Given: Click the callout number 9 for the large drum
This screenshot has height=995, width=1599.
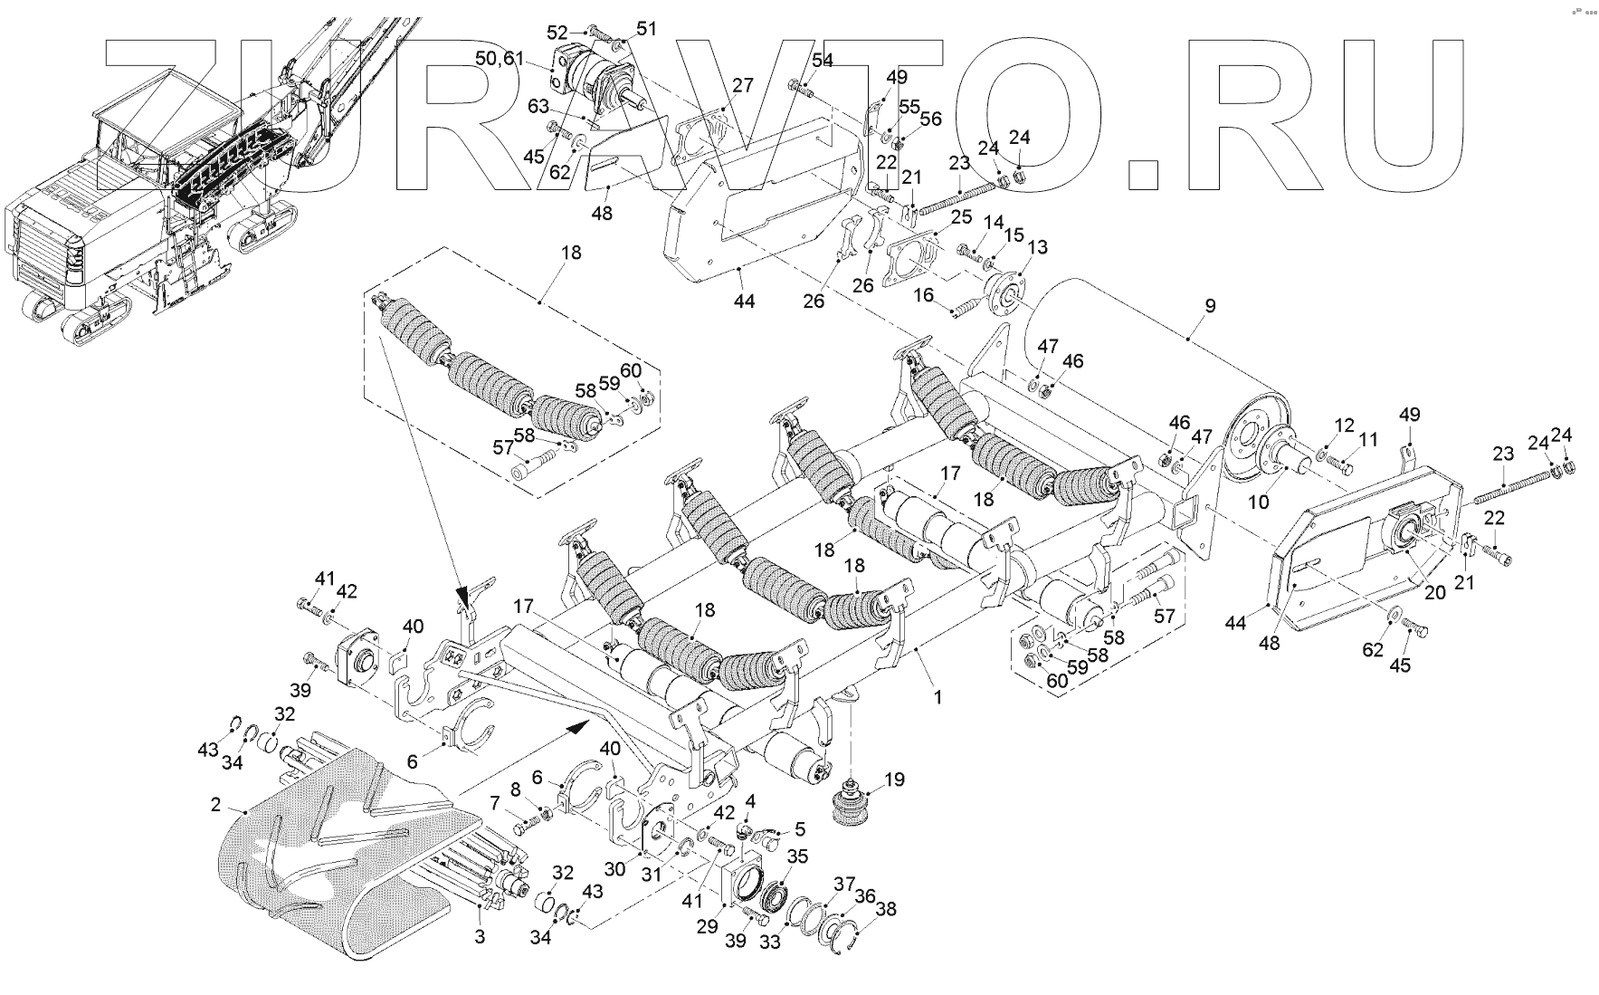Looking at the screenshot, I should click(x=1210, y=305).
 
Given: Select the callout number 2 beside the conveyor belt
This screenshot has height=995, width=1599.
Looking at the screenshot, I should click(x=215, y=804).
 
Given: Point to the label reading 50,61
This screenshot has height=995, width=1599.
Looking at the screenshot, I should click(x=500, y=59).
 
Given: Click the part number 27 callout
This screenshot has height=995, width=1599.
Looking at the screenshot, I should click(x=742, y=86).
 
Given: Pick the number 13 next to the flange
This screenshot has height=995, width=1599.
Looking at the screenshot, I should click(x=1037, y=247).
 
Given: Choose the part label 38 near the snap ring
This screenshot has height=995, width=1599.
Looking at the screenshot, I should click(x=886, y=908).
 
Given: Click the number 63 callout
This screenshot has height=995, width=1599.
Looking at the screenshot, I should click(x=538, y=107).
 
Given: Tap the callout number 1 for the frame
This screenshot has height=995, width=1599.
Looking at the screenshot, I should click(x=938, y=697).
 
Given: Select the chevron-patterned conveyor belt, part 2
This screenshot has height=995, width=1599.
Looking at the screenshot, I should click(x=344, y=869).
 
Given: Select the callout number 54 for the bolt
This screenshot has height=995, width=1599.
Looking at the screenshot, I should click(x=822, y=61).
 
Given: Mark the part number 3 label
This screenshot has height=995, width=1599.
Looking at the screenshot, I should click(x=480, y=937).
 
